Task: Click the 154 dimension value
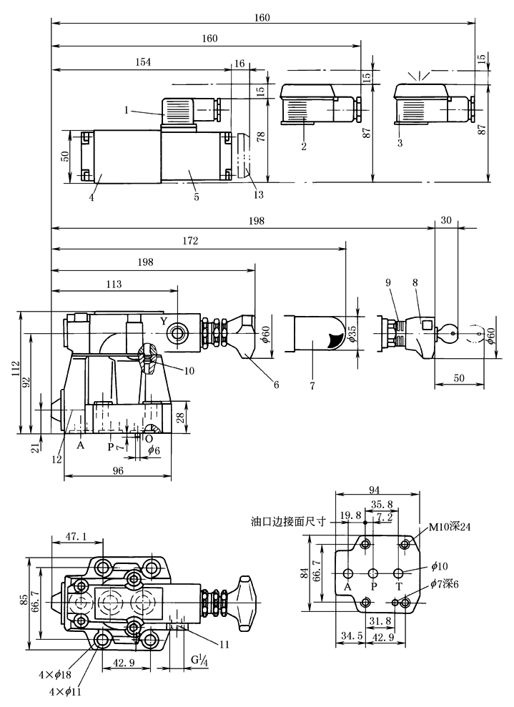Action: click(144, 62)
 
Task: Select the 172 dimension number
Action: click(190, 241)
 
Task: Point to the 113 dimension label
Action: click(114, 284)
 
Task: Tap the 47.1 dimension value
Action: click(76, 536)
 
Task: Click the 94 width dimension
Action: click(374, 490)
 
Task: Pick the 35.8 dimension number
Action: click(382, 505)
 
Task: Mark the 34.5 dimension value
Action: click(352, 636)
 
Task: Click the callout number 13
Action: click(258, 194)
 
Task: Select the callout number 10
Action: click(189, 370)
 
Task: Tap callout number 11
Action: click(224, 644)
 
